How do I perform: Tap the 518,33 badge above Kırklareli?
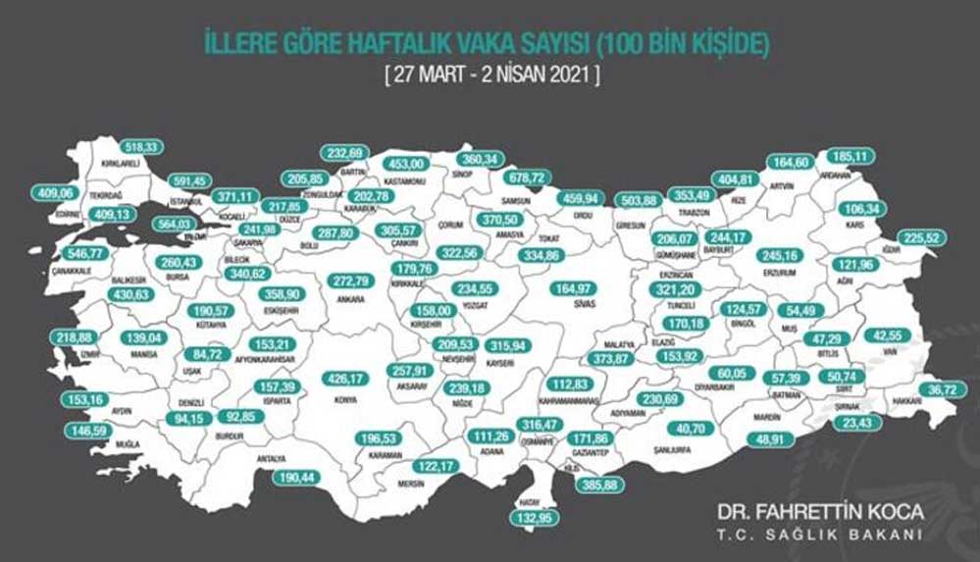(136, 146)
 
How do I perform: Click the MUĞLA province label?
(127, 444)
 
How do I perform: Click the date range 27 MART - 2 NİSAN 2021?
(490, 74)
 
